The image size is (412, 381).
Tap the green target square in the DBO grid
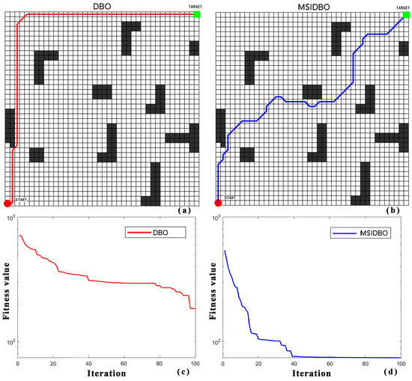click(196, 14)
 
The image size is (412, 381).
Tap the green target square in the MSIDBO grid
click(406, 14)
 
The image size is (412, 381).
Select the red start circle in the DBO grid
click(8, 202)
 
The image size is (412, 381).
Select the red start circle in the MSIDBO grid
click(219, 202)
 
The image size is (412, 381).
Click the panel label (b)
click(395, 211)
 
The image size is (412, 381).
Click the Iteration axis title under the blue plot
click(314, 373)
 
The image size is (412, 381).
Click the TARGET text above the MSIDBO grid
click(405, 5)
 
